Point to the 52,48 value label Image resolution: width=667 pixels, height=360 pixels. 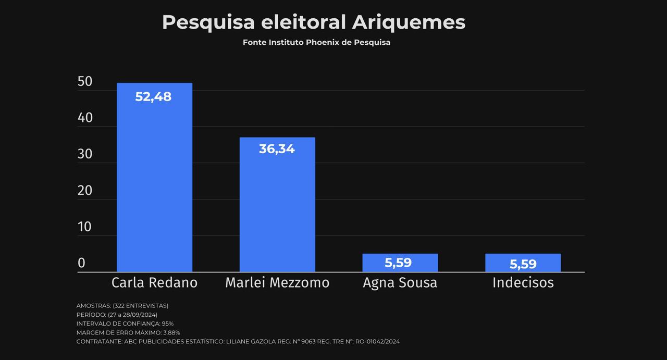(153, 97)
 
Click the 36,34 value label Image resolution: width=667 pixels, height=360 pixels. (277, 149)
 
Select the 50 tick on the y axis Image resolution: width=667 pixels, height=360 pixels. (85, 82)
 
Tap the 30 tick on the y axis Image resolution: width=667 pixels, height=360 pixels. (85, 154)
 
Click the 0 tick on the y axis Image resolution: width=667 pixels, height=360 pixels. (81, 263)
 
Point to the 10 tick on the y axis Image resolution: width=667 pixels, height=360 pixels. (85, 227)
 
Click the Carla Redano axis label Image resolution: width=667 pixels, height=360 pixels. (154, 283)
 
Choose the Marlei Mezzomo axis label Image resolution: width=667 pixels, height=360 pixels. (277, 283)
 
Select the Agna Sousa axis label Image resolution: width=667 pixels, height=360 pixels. (400, 283)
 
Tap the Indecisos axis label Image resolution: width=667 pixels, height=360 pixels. (523, 283)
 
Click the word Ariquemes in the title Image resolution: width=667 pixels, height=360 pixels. (408, 22)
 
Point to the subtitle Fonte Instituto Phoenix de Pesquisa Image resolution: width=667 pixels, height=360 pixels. (316, 43)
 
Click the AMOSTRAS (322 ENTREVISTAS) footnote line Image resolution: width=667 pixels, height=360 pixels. (122, 306)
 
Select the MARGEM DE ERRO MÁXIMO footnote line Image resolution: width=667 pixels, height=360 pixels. (128, 332)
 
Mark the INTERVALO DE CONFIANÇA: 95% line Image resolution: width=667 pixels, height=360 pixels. (125, 324)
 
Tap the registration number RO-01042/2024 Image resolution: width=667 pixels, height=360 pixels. (377, 342)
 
